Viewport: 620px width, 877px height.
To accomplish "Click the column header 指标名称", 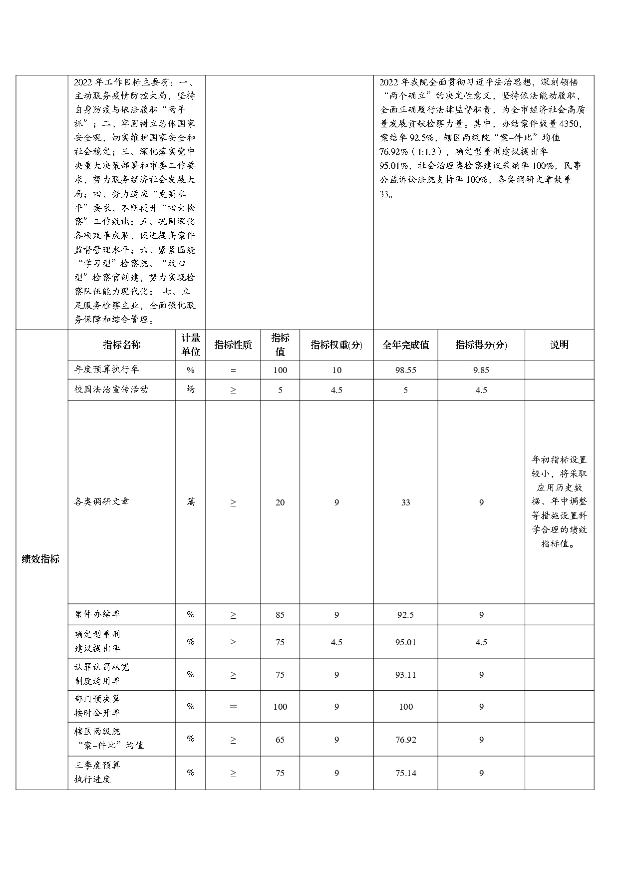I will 122,345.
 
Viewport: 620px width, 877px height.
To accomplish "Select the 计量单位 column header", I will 190,345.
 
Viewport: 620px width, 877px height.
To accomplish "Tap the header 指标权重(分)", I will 336,345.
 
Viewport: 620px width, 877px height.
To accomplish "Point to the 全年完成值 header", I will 405,345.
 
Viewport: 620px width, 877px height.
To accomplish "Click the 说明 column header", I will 559,345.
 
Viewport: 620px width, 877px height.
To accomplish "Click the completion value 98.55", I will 405,370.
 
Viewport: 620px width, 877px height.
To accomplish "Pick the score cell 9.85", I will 481,370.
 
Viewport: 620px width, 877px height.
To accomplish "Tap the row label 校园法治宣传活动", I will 111,390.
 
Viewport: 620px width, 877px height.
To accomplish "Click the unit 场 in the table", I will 190,390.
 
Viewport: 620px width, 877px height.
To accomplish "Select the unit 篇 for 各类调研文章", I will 190,502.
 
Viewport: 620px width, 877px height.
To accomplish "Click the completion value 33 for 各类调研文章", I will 405,502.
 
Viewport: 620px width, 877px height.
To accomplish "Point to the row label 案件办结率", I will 97,614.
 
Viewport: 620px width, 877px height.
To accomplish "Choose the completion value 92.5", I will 405,615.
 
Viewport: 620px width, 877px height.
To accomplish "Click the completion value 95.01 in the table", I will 405,642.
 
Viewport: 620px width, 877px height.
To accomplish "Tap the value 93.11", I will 405,675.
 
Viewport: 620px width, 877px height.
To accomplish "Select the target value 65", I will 280,740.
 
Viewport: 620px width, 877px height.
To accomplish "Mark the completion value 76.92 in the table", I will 405,740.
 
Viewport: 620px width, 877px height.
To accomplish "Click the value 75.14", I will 405,773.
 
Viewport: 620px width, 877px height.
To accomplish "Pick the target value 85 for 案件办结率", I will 280,615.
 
